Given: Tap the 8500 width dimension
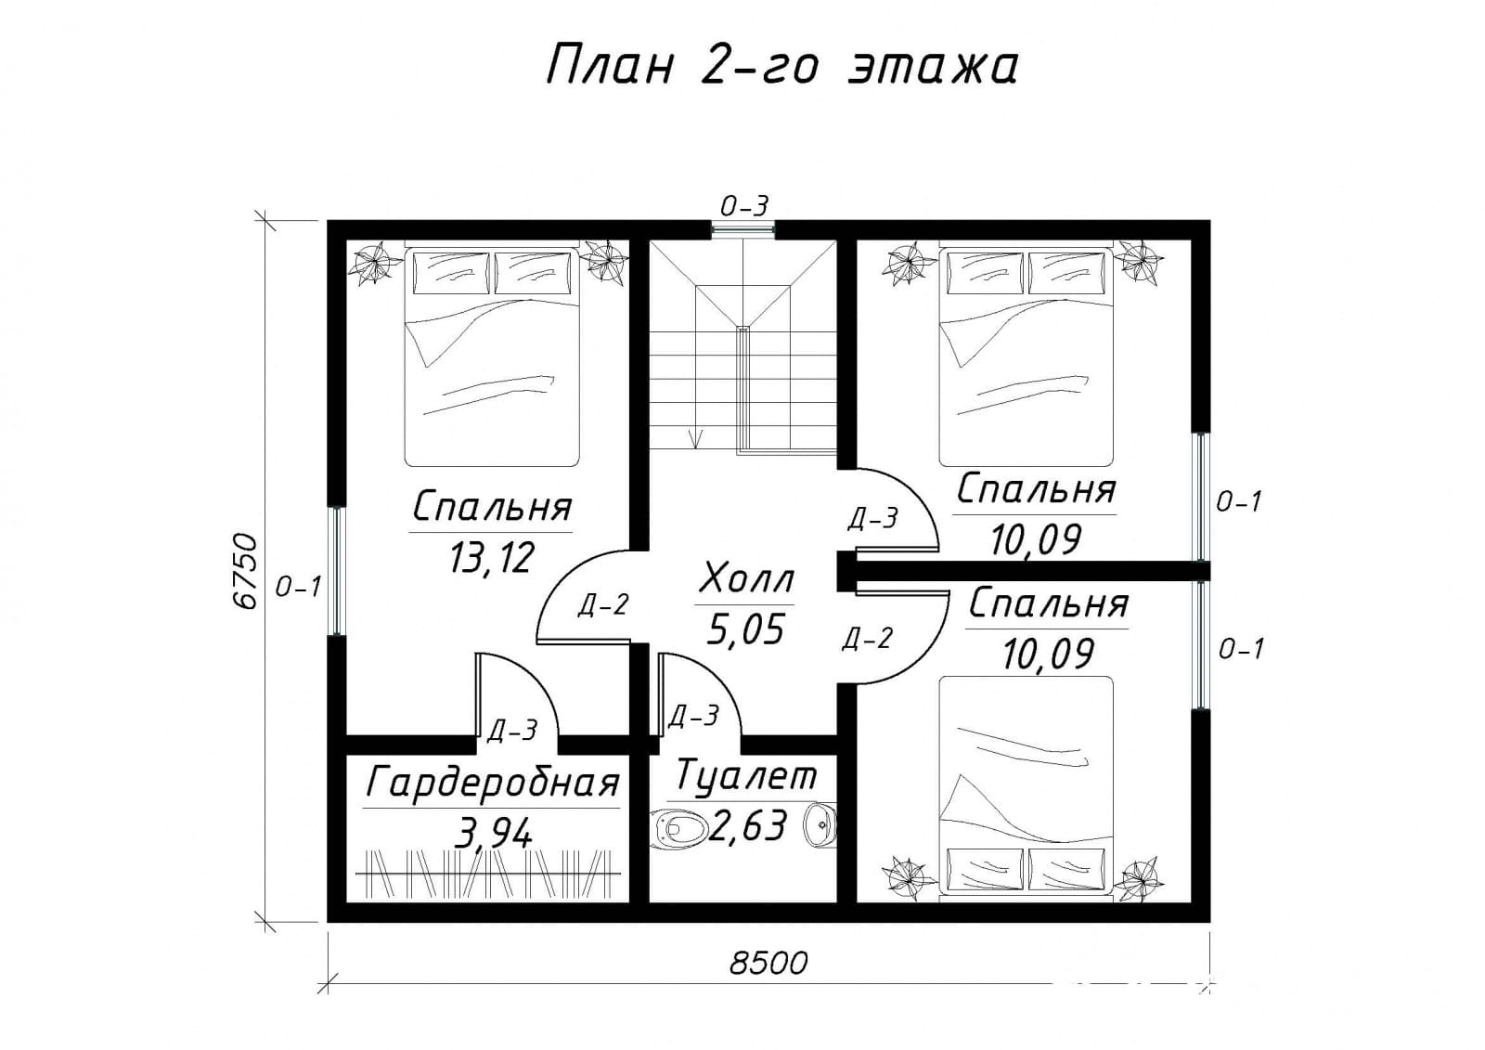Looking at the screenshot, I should (768, 963).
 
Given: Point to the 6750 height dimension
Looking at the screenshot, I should (243, 570).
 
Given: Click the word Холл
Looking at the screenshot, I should (746, 579).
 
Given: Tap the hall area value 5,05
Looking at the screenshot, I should (746, 630).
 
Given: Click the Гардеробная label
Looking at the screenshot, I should (492, 783).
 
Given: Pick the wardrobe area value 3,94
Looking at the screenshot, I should (494, 832).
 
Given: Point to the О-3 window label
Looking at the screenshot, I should (746, 206).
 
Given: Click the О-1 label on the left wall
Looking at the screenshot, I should (298, 587).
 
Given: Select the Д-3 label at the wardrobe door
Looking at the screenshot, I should (511, 732).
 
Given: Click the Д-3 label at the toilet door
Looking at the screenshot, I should (694, 716).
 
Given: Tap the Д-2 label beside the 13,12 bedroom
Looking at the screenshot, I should (603, 605).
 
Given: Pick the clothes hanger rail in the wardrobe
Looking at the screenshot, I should (488, 873).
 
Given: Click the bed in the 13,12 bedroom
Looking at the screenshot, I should (492, 357).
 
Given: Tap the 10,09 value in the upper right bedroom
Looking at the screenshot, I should (1035, 538).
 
